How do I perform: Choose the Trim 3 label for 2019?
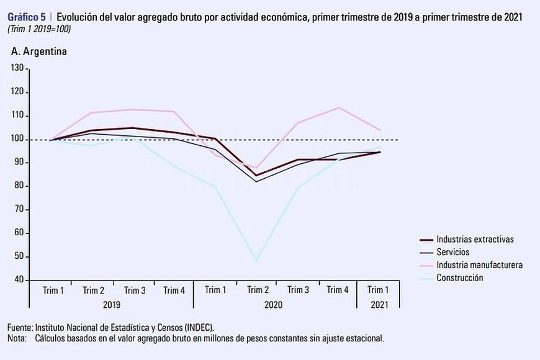(x=134, y=290)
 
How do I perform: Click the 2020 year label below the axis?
(x=273, y=305)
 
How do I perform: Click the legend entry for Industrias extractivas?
(x=475, y=239)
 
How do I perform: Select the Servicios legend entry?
(x=452, y=252)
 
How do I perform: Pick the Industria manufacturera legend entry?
(x=479, y=265)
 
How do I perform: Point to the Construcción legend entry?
(x=459, y=278)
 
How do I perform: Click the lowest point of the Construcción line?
(x=256, y=261)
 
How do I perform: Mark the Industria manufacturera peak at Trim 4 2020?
(x=338, y=107)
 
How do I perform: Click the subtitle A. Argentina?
(x=38, y=52)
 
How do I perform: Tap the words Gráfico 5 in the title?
(x=25, y=17)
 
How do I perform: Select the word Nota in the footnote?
(x=17, y=338)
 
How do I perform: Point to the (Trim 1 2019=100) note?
(x=40, y=29)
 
